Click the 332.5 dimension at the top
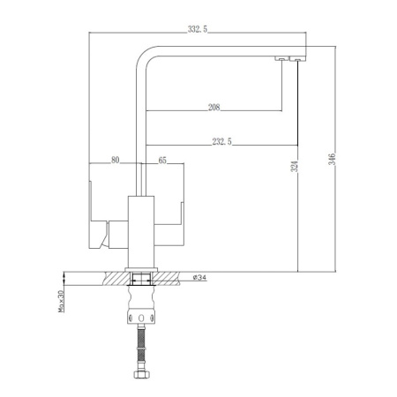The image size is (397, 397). [198, 29]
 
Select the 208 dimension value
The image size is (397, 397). [214, 107]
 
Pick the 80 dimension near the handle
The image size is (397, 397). [115, 160]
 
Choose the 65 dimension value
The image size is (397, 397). [162, 160]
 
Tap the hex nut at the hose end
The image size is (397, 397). [139, 377]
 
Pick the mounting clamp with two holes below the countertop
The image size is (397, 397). [139, 309]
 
